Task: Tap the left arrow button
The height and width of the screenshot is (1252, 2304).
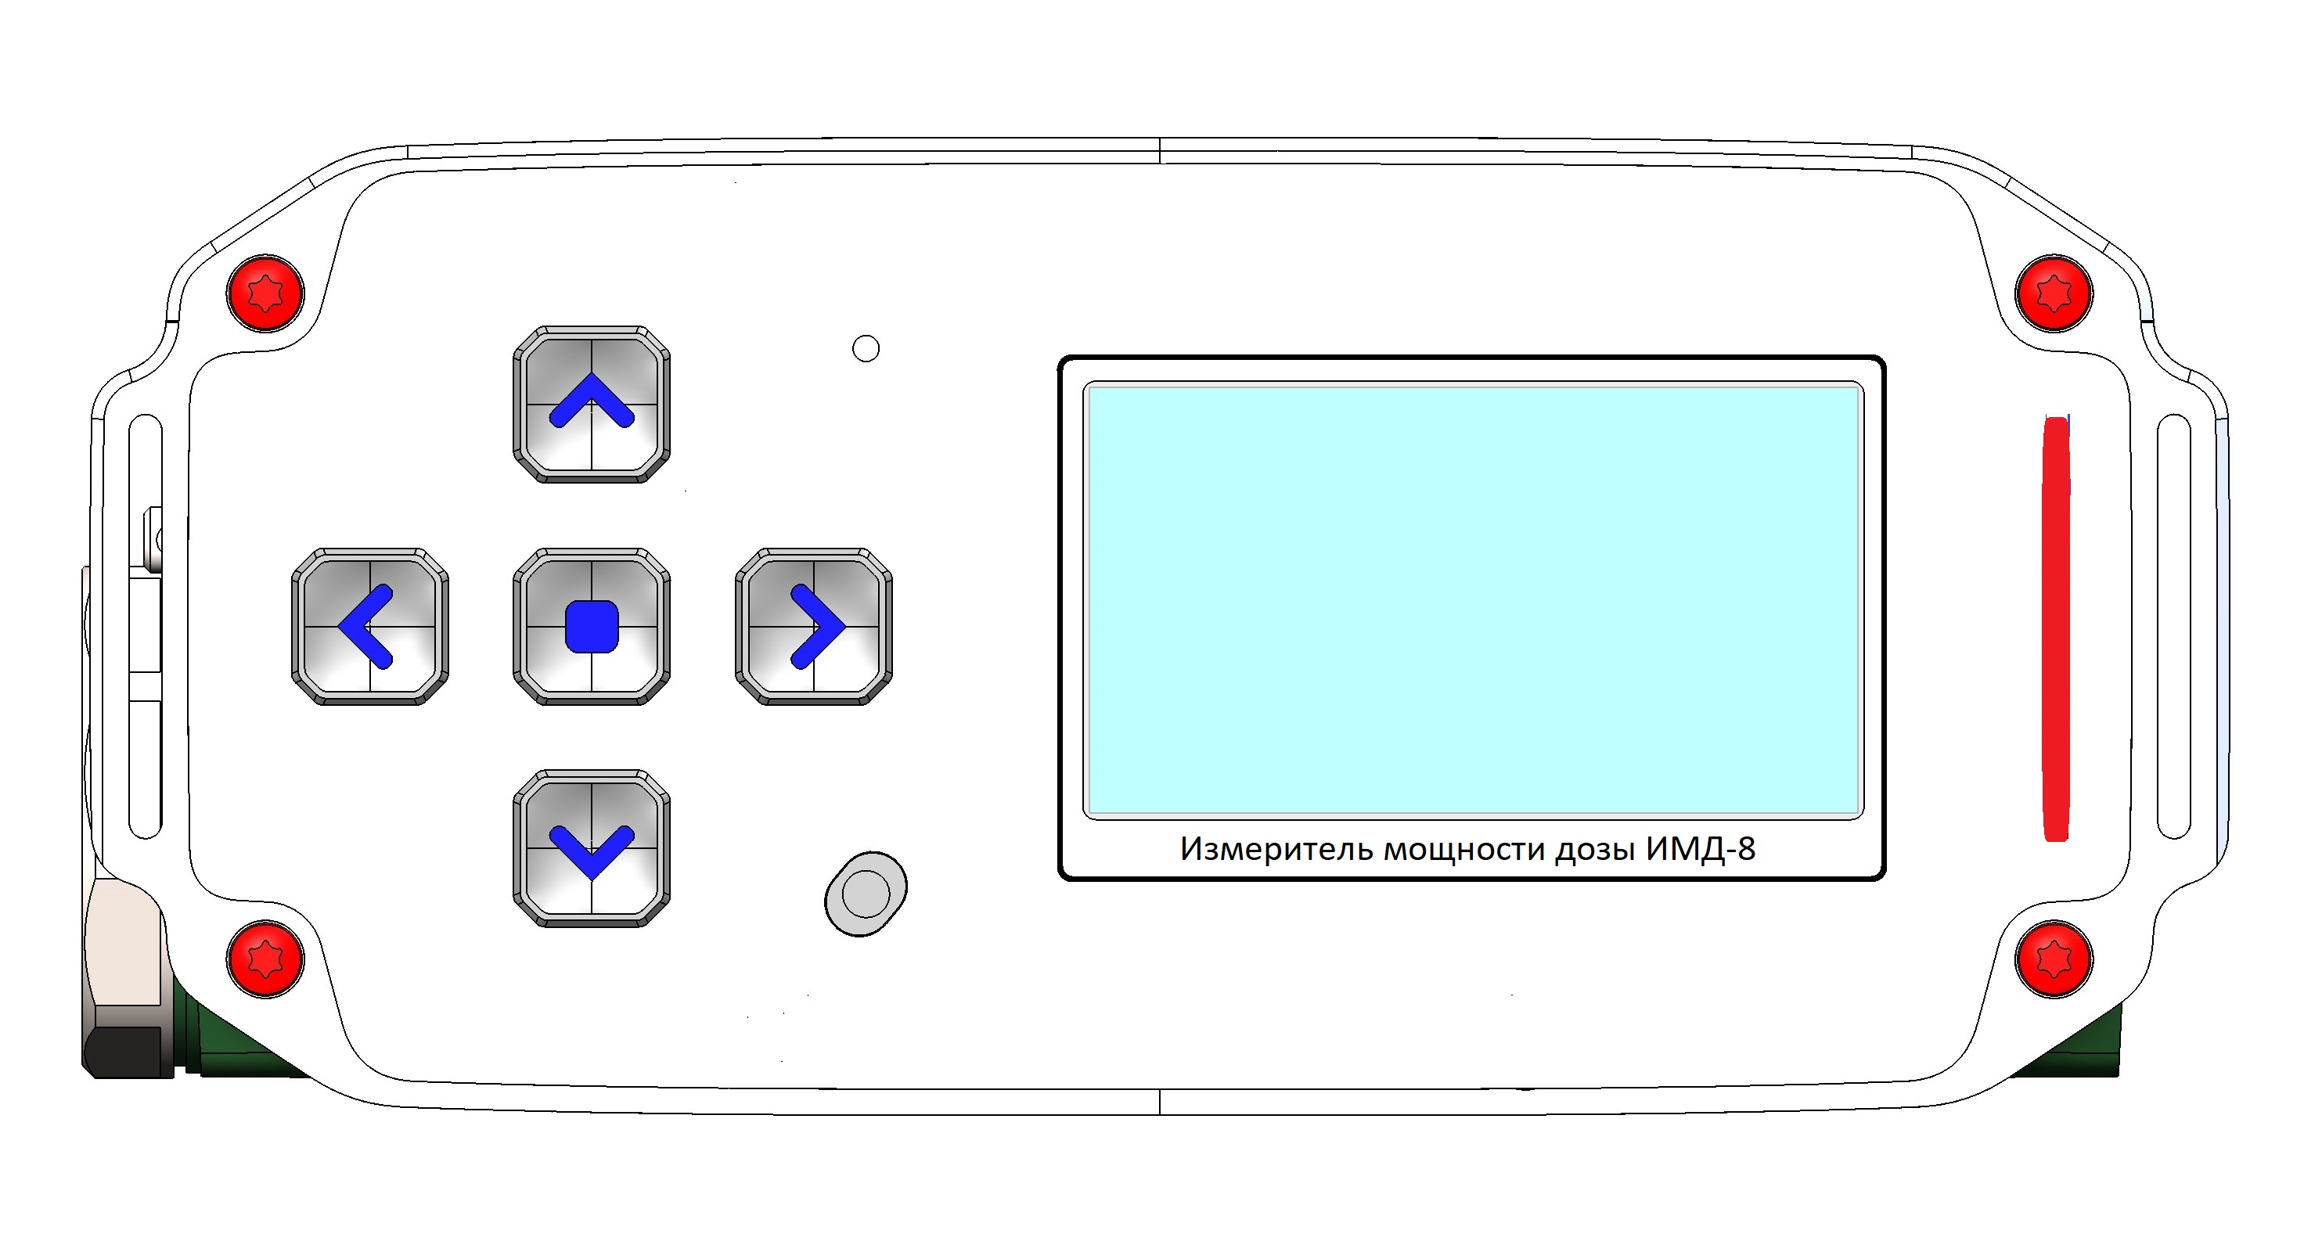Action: (x=370, y=627)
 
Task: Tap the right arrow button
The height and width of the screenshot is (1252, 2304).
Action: (x=814, y=627)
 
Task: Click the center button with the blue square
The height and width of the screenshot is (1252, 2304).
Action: (x=592, y=627)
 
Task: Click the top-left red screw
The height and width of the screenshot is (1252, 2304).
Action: (x=265, y=293)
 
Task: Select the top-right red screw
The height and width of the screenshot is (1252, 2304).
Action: (x=2054, y=293)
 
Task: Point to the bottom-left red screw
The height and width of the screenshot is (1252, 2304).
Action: (x=265, y=959)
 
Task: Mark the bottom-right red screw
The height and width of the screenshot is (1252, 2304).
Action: (x=2054, y=959)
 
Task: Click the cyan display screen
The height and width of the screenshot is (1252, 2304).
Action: (x=1473, y=600)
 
